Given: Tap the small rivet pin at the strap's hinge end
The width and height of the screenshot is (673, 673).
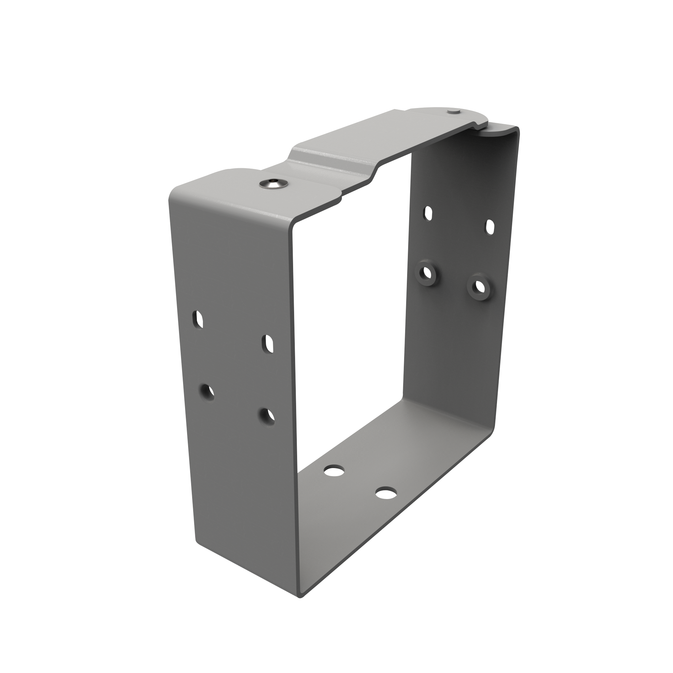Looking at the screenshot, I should pos(453,111).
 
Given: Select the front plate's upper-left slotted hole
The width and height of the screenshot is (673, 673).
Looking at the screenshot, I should pos(197,320).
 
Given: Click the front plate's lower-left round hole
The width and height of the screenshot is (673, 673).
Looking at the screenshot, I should pos(207,392).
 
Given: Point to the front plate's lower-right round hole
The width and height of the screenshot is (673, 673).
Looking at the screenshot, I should pos(267,416).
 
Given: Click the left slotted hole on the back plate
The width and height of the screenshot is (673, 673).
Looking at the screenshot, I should pos(428,212).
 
